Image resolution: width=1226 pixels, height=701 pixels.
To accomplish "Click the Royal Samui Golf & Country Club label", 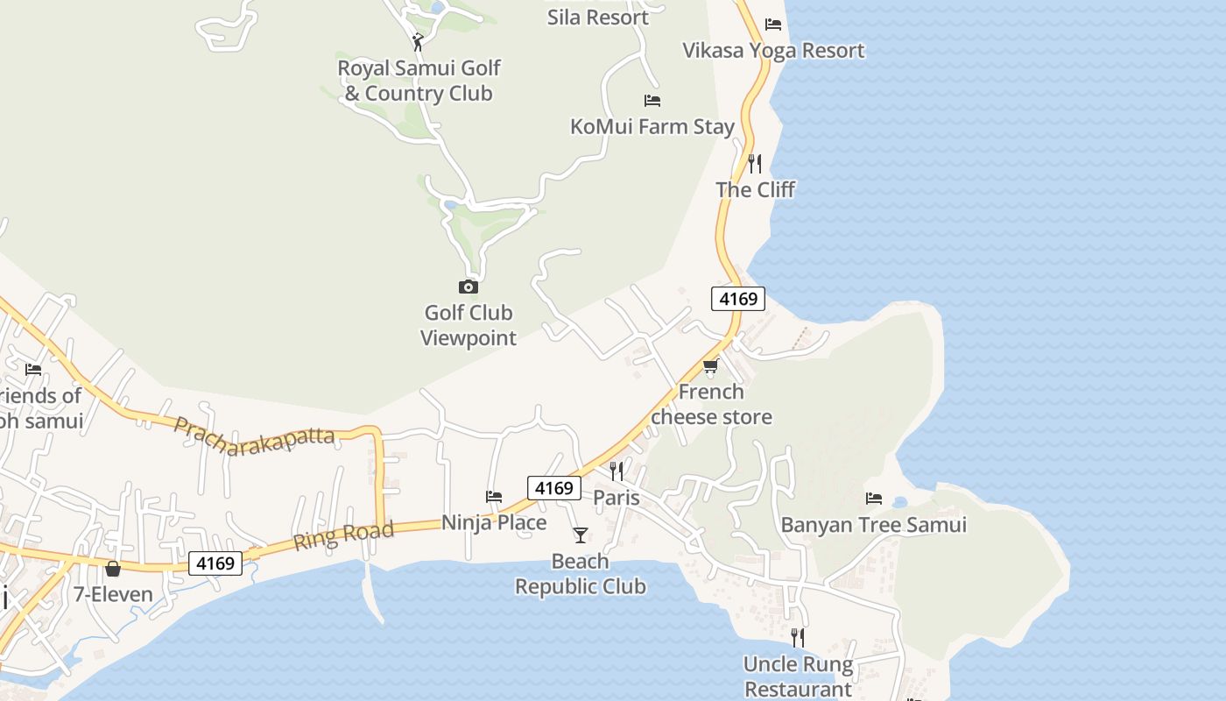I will coord(419,81).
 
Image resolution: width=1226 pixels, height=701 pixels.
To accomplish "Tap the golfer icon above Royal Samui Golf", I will coord(418,41).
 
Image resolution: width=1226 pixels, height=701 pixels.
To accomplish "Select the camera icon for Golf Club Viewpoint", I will coord(468,287).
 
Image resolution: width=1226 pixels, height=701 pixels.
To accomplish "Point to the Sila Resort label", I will coord(598,17).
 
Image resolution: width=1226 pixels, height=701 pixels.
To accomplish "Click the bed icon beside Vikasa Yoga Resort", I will coord(772,24).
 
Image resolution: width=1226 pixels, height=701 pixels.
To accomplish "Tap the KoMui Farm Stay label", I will coord(652,126).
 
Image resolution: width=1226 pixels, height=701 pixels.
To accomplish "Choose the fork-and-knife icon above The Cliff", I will coord(755,163).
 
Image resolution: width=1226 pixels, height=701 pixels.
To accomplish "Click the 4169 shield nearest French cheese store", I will coord(737,299).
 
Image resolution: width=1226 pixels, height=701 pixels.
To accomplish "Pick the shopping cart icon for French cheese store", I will coord(710,365).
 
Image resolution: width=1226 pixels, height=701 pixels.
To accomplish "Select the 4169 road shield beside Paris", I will coord(553,488).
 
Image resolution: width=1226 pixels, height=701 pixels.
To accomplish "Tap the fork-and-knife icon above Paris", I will coord(617,471).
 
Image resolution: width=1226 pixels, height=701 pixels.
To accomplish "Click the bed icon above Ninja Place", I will coord(494,497).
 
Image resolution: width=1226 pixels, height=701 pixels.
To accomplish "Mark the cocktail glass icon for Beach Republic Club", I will coord(580,535).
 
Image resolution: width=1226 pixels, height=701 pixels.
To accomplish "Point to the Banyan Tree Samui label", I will coord(873,525).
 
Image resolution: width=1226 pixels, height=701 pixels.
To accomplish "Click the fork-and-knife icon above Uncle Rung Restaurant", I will coord(797,637).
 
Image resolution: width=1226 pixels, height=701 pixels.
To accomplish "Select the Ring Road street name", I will coord(342,535).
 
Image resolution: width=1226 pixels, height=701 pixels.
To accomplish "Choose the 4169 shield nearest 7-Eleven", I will coord(215,563).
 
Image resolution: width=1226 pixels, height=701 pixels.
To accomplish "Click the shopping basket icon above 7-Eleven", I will coord(112,569).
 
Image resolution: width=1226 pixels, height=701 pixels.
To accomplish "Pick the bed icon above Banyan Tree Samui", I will coord(873,499).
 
